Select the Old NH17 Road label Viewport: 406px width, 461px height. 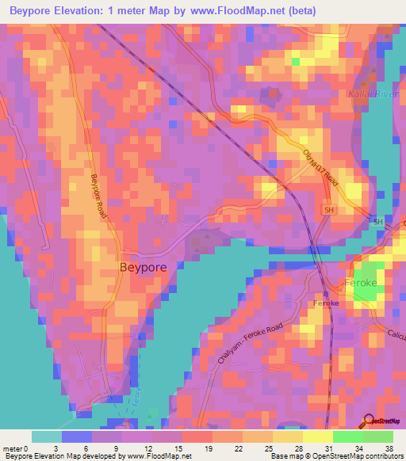coord(320,169)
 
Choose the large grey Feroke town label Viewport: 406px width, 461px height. coord(362,283)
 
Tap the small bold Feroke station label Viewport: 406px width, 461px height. coord(326,303)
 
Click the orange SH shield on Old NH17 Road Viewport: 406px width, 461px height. coord(328,210)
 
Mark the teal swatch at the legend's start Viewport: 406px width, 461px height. coord(46,436)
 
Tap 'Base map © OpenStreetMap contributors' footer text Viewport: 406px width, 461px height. coord(336,457)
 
